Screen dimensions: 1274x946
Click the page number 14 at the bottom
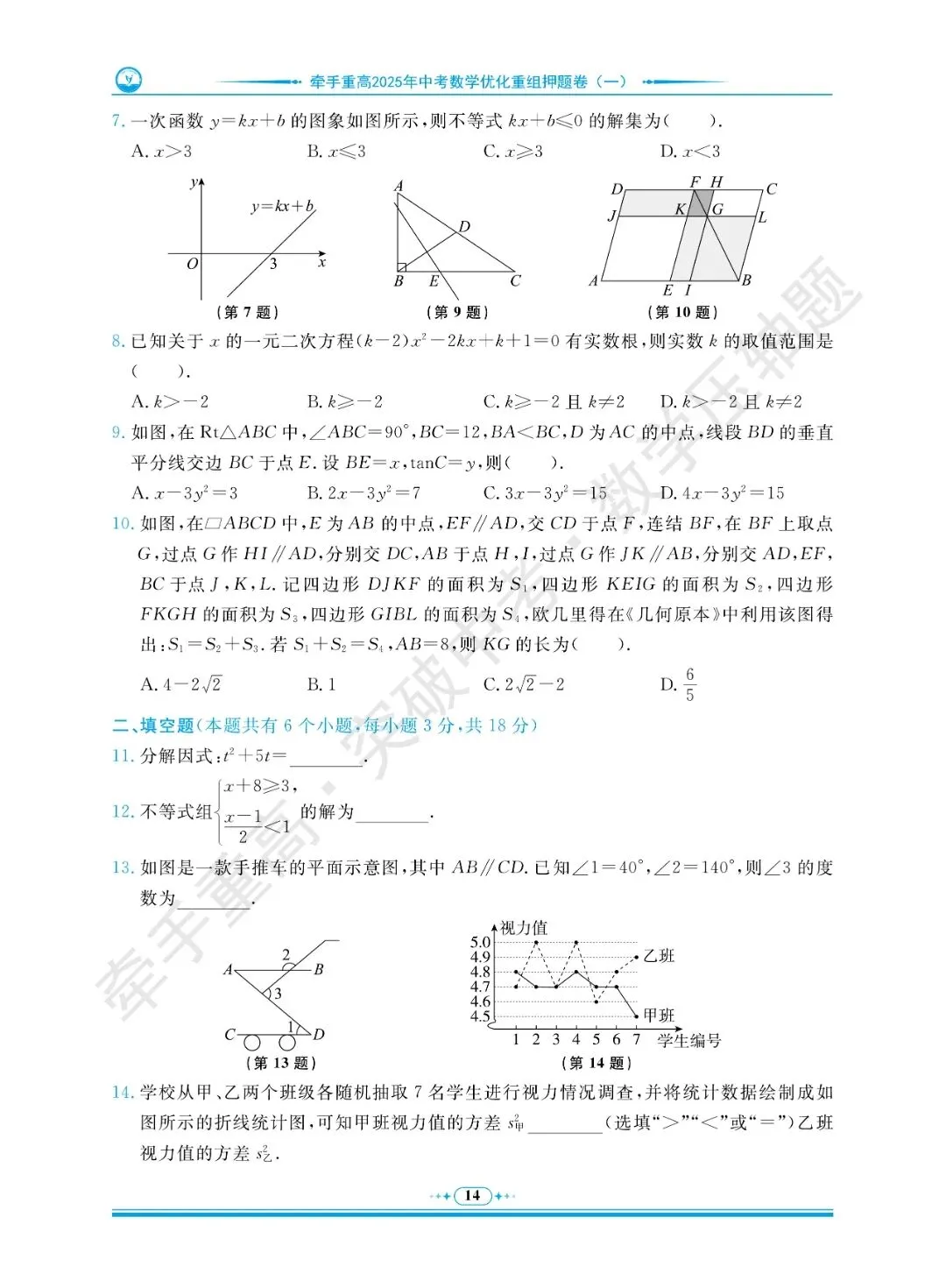(472, 1195)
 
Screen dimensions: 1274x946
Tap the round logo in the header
(128, 81)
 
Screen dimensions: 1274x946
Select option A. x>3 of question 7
(161, 152)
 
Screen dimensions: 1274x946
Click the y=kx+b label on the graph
(282, 207)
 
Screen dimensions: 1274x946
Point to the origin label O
(192, 263)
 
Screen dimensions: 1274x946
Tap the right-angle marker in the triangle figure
(400, 266)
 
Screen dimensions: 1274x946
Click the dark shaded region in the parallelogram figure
(698, 205)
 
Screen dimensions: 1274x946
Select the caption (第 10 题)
(682, 312)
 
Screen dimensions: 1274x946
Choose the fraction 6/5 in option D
(689, 684)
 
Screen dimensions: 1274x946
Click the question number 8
(118, 341)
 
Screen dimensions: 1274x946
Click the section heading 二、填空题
(153, 725)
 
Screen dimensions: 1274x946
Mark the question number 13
(122, 867)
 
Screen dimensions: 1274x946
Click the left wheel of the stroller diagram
(252, 1042)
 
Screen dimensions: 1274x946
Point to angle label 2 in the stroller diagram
(286, 954)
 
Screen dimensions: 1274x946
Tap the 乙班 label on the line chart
(659, 955)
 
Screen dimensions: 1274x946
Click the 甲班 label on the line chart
(659, 1015)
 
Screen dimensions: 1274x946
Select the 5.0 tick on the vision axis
(480, 942)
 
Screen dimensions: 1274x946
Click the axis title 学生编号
(688, 1040)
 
